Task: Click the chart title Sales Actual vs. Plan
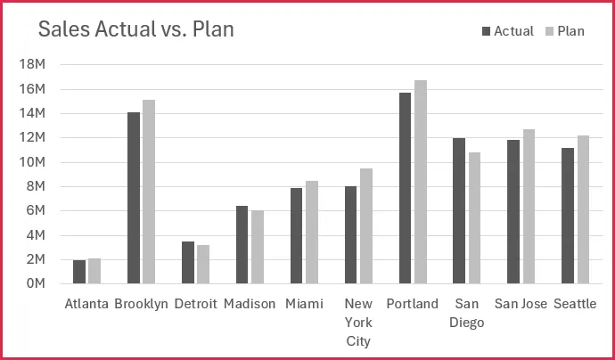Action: pos(135,29)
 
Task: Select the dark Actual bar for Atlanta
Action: pos(79,272)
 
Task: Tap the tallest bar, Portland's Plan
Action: pos(421,182)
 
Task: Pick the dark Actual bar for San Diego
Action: pos(459,210)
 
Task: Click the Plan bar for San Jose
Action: pos(529,206)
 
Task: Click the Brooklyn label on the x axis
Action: pos(142,304)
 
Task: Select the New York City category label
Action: pos(358,322)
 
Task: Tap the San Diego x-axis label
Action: pos(467,313)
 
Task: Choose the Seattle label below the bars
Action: pos(575,304)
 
